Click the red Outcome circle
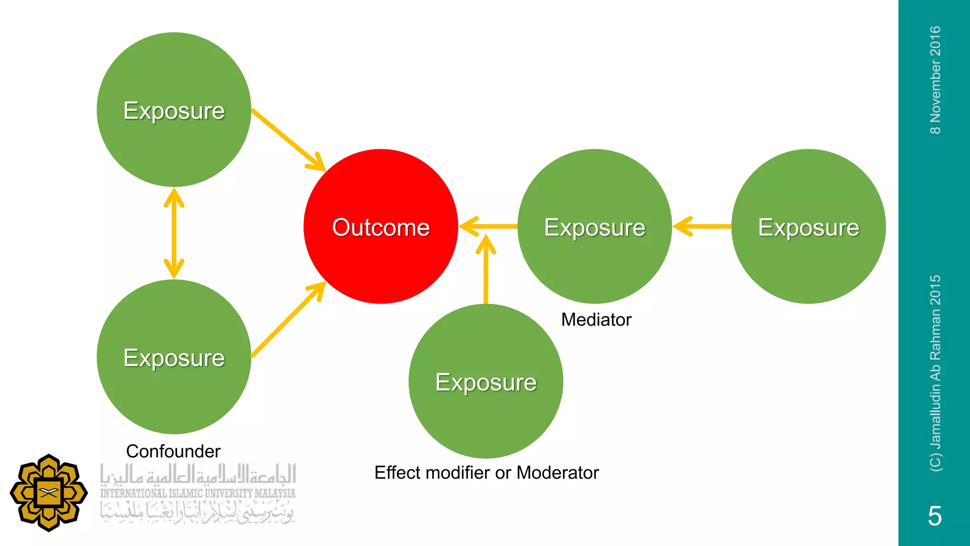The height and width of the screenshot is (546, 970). point(381,227)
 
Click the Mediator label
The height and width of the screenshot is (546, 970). point(596,320)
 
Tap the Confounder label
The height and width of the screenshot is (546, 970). point(173,451)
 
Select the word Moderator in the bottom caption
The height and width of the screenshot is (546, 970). point(557,473)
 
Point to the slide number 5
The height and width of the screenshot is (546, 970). point(934,516)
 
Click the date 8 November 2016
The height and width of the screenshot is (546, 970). point(935,81)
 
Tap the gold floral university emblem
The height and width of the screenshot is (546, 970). point(49,493)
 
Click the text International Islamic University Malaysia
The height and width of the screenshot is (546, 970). point(198,493)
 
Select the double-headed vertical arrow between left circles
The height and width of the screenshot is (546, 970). point(174,233)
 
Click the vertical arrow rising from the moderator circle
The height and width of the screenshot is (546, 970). point(486,270)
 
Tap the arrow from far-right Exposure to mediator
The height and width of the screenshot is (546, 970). point(702,227)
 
